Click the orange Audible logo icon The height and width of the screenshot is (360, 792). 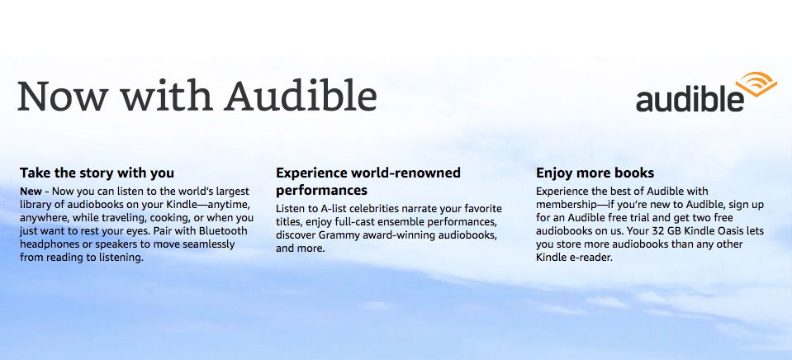tap(756, 84)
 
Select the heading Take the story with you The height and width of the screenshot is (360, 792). tap(97, 173)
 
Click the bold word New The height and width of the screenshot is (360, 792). tap(31, 192)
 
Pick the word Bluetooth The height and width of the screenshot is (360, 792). tap(224, 231)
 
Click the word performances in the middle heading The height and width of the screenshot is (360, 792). tap(321, 191)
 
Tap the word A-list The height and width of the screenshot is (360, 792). tap(331, 209)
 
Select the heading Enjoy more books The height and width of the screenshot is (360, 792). tap(595, 173)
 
